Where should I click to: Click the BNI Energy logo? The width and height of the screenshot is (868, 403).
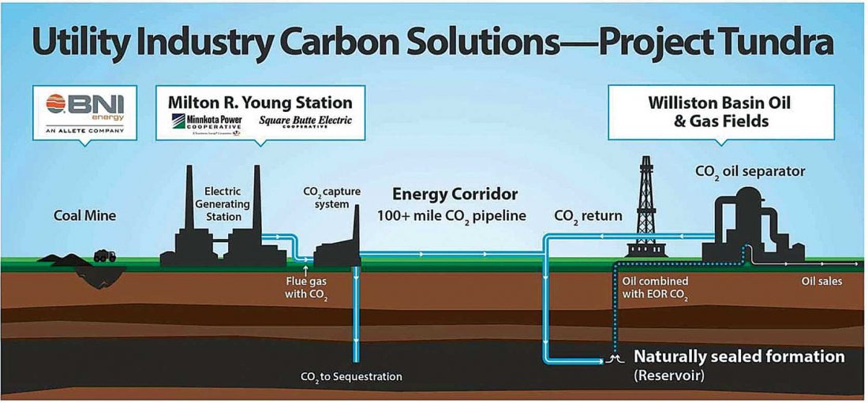pyautogui.click(x=85, y=110)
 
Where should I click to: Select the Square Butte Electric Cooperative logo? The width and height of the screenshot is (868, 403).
pyautogui.click(x=305, y=122)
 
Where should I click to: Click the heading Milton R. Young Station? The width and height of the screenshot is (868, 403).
pyautogui.click(x=260, y=103)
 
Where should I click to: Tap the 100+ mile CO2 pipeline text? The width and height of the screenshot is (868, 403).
pyautogui.click(x=451, y=215)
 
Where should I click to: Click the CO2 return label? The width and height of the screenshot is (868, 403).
pyautogui.click(x=588, y=215)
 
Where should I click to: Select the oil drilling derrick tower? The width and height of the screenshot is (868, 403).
pyautogui.click(x=647, y=205)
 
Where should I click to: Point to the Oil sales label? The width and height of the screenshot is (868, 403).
pyautogui.click(x=821, y=280)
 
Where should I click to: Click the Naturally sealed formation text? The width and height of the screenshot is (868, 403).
pyautogui.click(x=739, y=356)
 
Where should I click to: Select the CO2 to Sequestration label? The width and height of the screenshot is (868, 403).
pyautogui.click(x=351, y=377)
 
